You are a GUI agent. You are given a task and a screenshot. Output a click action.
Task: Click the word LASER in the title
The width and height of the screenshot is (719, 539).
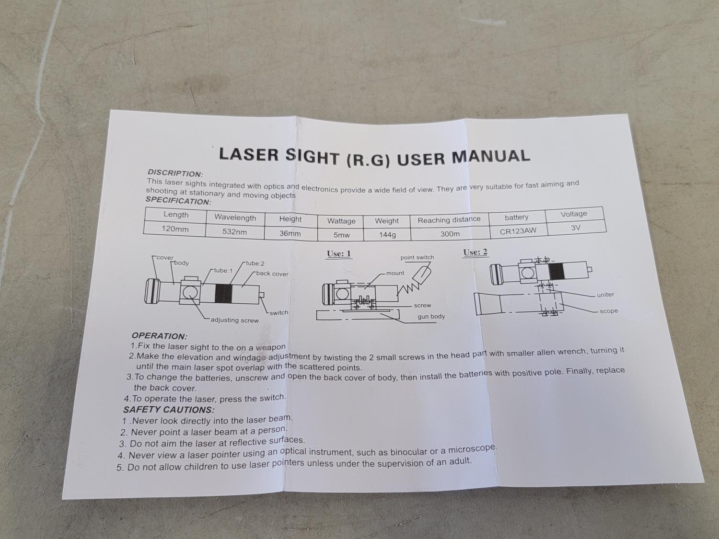[249, 154]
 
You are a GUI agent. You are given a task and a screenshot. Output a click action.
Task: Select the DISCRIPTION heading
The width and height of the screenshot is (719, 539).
[175, 173]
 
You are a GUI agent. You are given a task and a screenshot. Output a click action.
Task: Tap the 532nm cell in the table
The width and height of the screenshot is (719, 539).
[234, 232]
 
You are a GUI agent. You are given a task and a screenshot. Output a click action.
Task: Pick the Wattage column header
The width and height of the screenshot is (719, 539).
[341, 221]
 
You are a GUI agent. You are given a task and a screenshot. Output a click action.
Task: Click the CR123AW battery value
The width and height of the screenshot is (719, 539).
[518, 231]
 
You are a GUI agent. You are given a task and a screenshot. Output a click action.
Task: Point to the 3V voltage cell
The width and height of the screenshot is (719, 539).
[576, 228]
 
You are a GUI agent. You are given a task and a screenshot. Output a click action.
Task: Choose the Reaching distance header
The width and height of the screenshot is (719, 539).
[449, 219]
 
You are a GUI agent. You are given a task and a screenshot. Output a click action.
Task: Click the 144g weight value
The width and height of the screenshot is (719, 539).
[387, 235]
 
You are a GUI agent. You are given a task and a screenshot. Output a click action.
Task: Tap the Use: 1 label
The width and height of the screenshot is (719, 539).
[339, 253]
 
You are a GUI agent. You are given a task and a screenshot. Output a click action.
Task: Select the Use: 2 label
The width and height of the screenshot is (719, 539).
[475, 252]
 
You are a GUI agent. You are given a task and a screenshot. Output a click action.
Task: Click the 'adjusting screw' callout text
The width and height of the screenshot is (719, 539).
[234, 320]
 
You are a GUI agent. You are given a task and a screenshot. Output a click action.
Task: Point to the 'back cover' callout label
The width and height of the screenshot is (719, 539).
[272, 274]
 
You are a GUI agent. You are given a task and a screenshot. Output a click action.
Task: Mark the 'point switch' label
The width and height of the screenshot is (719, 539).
[417, 257]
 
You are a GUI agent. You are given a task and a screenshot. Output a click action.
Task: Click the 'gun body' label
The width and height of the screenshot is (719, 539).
[431, 317]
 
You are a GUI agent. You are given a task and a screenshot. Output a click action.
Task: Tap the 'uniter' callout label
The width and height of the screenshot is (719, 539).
[605, 295]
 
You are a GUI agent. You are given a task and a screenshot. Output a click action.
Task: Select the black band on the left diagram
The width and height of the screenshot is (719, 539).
[223, 293]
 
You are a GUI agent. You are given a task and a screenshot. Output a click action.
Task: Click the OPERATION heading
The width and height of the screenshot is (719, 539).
[159, 336]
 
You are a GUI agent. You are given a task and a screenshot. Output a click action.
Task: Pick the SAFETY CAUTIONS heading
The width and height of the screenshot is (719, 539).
[169, 410]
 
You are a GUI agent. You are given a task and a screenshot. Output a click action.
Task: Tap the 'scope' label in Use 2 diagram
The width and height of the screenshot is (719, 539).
[609, 311]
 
